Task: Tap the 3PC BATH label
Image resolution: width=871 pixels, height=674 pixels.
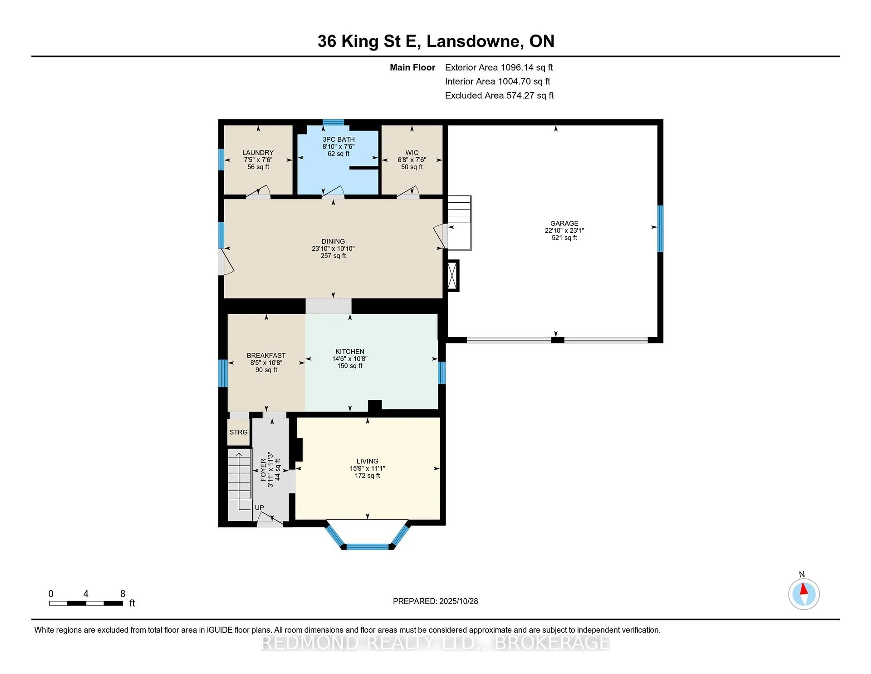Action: coord(338,139)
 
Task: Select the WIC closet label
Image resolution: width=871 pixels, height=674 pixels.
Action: coord(412,153)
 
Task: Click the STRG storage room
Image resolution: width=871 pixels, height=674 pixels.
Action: coord(238,432)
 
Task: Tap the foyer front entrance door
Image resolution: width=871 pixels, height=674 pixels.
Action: coord(270,519)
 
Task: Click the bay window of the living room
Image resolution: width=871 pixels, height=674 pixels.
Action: coord(367,546)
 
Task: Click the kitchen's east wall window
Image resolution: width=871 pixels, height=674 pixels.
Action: coord(441,372)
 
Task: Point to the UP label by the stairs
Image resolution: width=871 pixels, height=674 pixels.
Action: coord(259,508)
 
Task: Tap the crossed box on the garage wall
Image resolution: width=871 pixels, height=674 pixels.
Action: coord(453,275)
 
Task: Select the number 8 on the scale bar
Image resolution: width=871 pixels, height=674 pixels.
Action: coord(122,594)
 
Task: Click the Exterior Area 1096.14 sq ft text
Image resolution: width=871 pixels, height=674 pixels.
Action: coord(499,67)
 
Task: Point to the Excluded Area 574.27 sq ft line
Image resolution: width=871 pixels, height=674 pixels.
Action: coord(499,95)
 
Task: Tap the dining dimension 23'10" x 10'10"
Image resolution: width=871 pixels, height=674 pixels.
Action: coord(333,248)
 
